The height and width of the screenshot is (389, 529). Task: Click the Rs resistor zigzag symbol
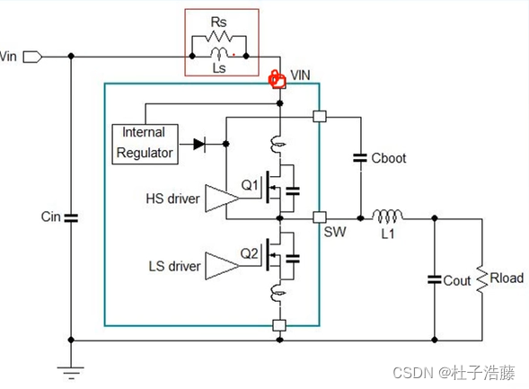tap(218, 36)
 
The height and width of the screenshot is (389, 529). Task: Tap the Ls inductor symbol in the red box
tap(219, 53)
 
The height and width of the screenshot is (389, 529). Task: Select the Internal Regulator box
tap(145, 144)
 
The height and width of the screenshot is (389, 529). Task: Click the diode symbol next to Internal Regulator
tap(199, 145)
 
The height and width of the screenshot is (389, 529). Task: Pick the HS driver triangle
tap(222, 198)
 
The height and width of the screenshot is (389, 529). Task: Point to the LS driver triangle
tap(222, 266)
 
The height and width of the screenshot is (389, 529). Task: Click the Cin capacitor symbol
tap(71, 218)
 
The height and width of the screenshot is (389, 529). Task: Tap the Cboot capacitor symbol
tap(360, 158)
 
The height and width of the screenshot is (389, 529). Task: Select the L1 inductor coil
tap(387, 216)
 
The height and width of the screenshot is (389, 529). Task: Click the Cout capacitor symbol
tap(435, 279)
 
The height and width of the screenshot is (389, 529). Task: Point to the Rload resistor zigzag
tap(482, 279)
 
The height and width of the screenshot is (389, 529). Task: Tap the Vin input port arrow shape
tap(32, 57)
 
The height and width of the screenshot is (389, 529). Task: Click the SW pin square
tap(320, 217)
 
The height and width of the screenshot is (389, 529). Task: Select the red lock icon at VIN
tap(277, 80)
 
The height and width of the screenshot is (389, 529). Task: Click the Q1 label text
tap(250, 185)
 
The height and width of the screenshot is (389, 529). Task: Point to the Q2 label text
tap(250, 253)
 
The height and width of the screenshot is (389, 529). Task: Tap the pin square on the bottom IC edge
tap(279, 325)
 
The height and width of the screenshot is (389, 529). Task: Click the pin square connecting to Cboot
tap(320, 117)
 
